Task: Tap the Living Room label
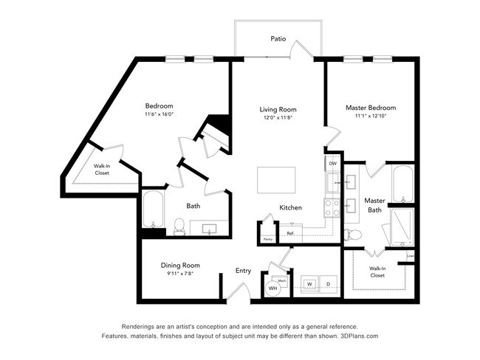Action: pyautogui.click(x=278, y=109)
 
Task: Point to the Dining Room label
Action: pyautogui.click(x=181, y=265)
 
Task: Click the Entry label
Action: pyautogui.click(x=243, y=271)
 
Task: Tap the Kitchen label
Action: pyautogui.click(x=290, y=207)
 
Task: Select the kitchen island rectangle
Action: pyautogui.click(x=276, y=179)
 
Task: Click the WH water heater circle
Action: pyautogui.click(x=272, y=288)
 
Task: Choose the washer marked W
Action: pyautogui.click(x=309, y=284)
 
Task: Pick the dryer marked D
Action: pyautogui.click(x=327, y=284)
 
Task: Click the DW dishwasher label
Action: pyautogui.click(x=332, y=163)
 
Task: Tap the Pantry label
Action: pyautogui.click(x=267, y=239)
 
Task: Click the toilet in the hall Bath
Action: pyautogui.click(x=179, y=226)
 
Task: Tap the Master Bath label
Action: pyautogui.click(x=374, y=205)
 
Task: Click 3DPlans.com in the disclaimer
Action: pyautogui.click(x=357, y=336)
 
